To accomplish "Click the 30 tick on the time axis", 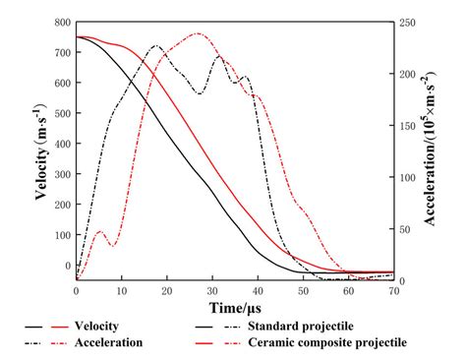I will pyautogui.click(x=212, y=292).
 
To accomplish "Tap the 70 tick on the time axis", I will pyautogui.click(x=393, y=292).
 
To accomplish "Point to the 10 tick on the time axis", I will pyautogui.click(x=122, y=292).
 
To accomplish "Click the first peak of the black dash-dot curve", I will pyautogui.click(x=155, y=45).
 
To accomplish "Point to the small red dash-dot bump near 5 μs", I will pyautogui.click(x=99, y=231).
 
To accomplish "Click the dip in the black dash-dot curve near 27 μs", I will pyautogui.click(x=200, y=93).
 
